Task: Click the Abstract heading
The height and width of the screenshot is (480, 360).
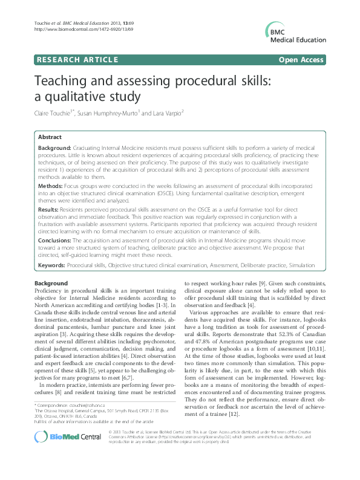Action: pos(50,137)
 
